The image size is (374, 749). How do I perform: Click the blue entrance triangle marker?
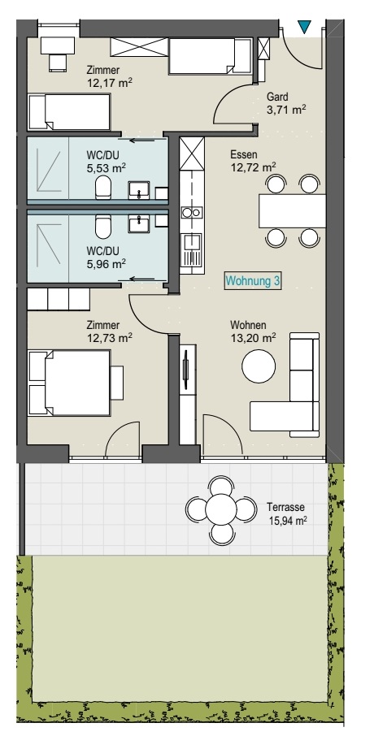pos(304,28)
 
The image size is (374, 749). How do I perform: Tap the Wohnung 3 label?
pos(254,281)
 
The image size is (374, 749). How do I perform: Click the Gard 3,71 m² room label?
pos(285,103)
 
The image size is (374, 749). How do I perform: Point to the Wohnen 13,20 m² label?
pos(252,332)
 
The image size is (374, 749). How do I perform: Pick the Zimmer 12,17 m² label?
pos(110,76)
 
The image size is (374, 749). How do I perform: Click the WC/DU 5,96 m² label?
pos(106,257)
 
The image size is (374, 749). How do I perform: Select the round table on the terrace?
pos(220,510)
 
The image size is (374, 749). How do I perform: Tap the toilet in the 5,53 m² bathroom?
pos(102,188)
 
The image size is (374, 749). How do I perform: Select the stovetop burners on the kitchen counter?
pos(191,213)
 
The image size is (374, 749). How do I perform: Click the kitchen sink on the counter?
pos(191,241)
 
